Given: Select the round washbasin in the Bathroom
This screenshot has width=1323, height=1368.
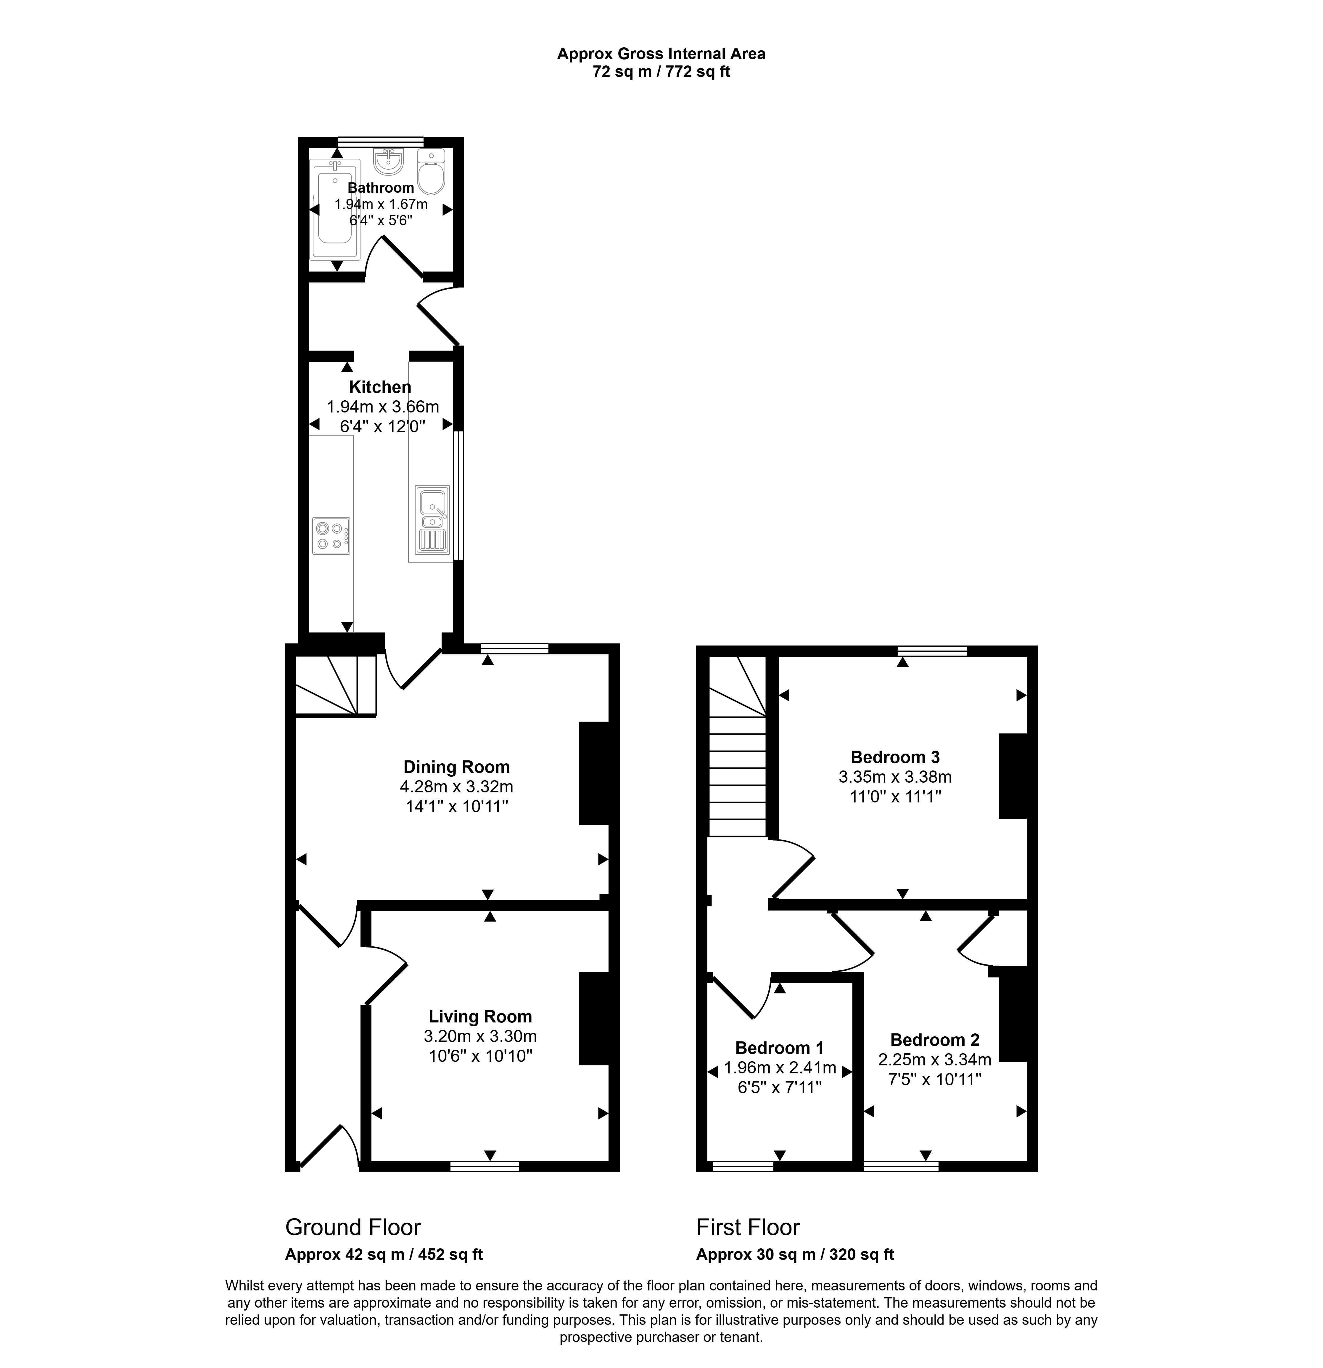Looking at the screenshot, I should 388,162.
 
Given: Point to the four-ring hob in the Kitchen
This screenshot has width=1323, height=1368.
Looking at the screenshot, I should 331,536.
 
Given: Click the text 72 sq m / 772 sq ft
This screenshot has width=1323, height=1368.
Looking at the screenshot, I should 661,71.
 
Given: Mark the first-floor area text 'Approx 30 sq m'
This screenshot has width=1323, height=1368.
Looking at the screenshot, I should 756,1254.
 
